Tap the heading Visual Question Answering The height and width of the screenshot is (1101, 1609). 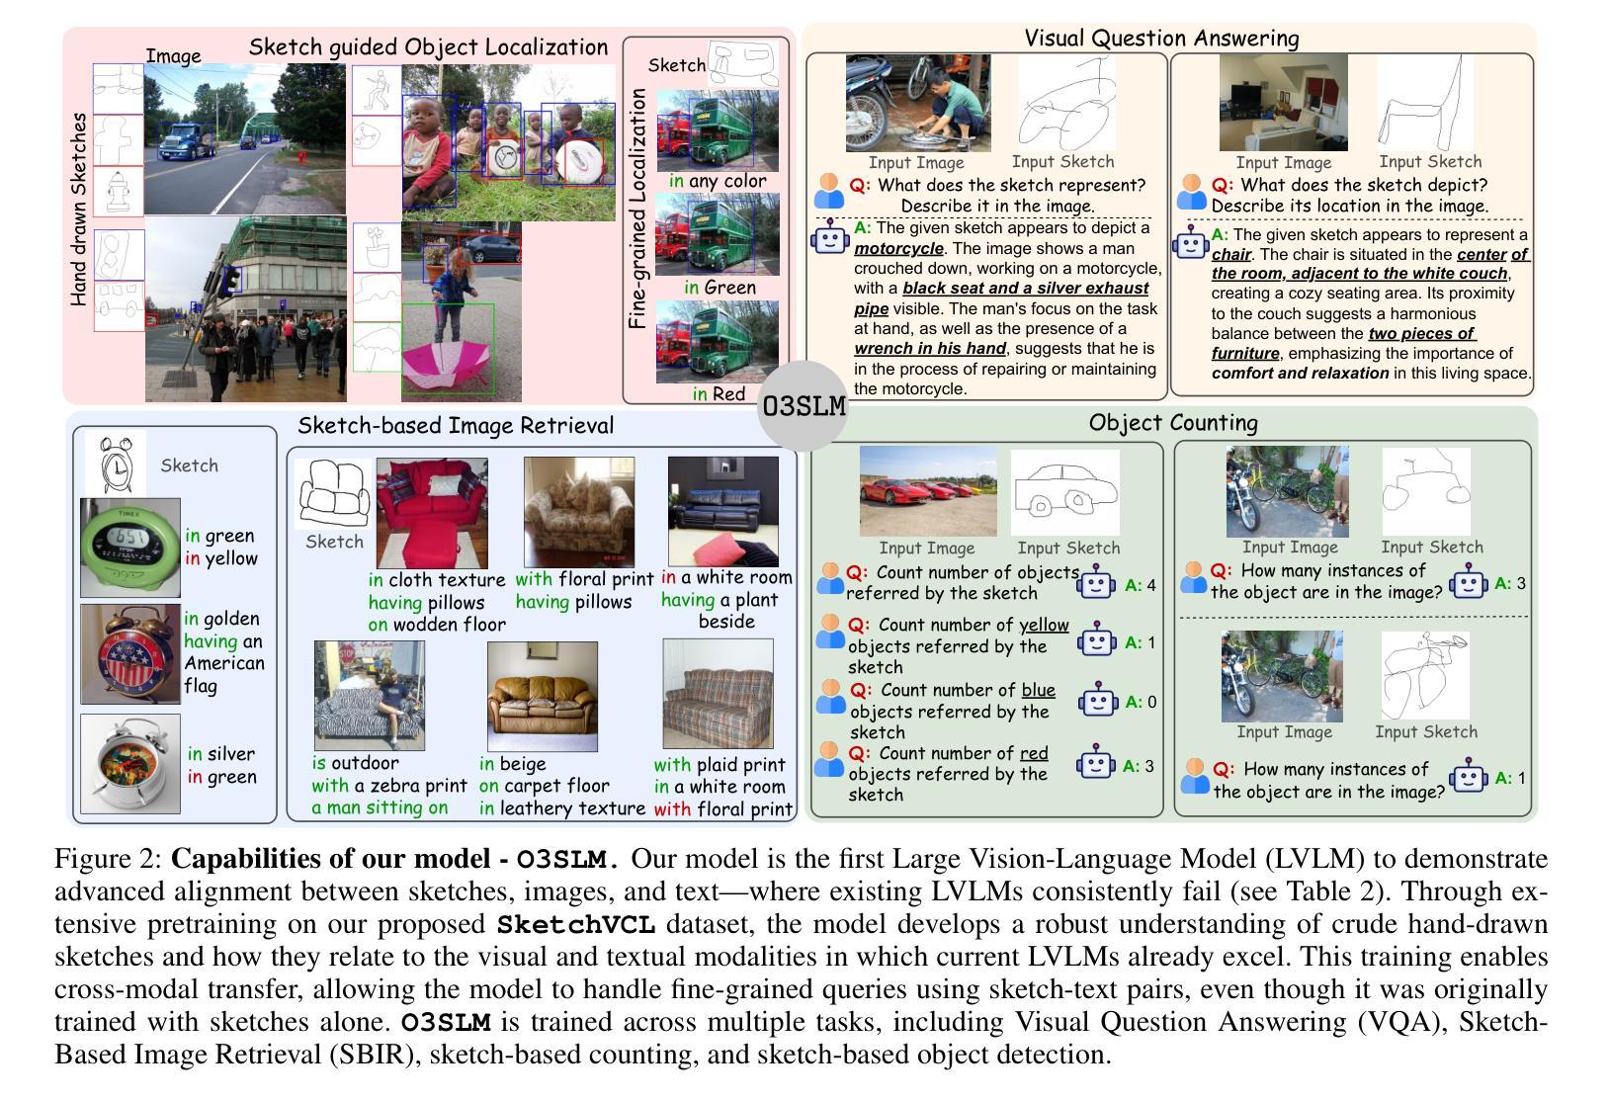pos(1161,39)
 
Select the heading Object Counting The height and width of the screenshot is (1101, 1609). pos(1173,423)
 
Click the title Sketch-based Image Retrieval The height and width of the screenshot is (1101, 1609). pos(456,426)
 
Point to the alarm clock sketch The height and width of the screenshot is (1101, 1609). pos(116,464)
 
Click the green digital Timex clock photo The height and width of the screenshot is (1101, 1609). pos(130,547)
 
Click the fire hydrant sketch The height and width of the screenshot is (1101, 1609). pos(119,191)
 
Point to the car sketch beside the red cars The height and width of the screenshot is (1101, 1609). pos(1064,491)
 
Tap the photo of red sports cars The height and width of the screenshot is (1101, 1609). pos(927,491)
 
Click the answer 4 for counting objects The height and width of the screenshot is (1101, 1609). pos(1150,585)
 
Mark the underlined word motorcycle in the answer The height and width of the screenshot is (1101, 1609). pos(898,248)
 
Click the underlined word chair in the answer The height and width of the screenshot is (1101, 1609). pos(1231,254)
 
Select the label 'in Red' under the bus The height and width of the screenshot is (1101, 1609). pos(719,393)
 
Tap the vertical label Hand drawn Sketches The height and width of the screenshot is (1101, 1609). pos(79,209)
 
